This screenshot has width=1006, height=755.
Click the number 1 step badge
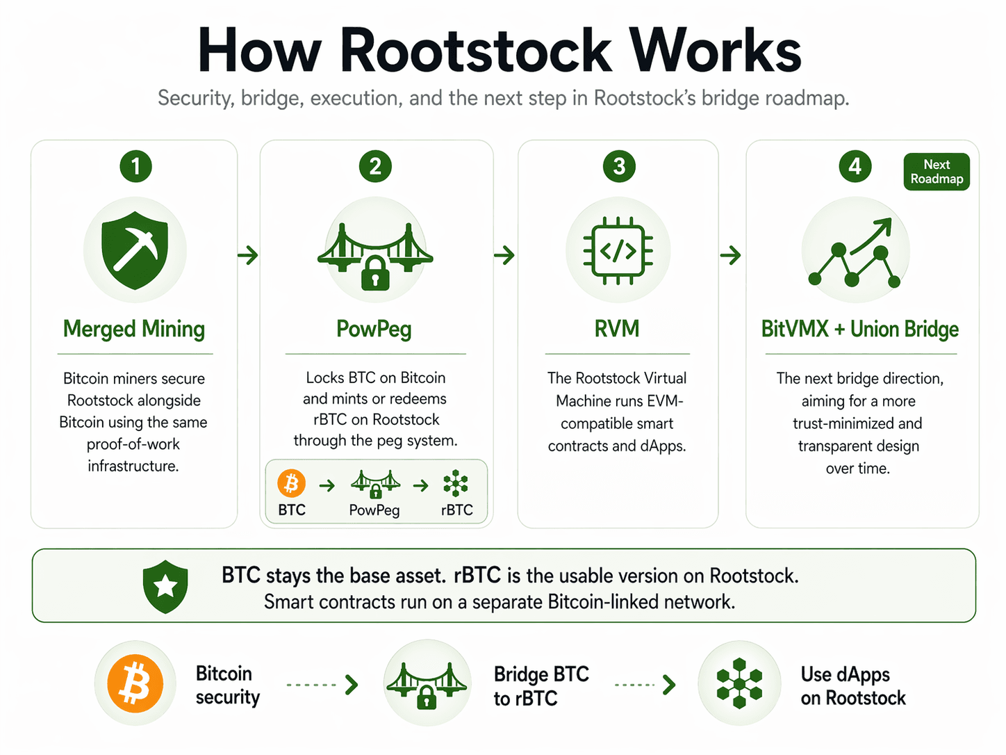click(x=135, y=166)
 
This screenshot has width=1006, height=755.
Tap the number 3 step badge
click(x=619, y=166)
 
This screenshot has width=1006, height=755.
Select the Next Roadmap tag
click(x=937, y=172)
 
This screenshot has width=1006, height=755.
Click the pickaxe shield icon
click(x=135, y=250)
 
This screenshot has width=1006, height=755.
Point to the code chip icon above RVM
click(x=618, y=251)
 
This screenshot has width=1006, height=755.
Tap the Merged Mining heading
click(x=134, y=329)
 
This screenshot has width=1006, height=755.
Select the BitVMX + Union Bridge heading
click(x=860, y=329)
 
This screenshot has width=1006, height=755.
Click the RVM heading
click(x=617, y=329)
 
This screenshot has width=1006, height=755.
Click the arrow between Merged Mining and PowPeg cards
click(x=248, y=255)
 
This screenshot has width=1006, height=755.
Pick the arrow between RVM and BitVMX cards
click(x=731, y=255)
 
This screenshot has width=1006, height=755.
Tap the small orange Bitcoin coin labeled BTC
click(x=292, y=483)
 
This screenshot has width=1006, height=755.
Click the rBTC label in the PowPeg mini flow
click(x=456, y=510)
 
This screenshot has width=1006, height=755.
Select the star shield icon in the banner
click(x=165, y=586)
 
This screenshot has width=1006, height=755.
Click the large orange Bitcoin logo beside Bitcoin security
click(x=135, y=684)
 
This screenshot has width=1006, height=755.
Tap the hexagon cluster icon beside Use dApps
click(x=739, y=683)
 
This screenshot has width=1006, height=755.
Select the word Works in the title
click(x=716, y=51)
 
